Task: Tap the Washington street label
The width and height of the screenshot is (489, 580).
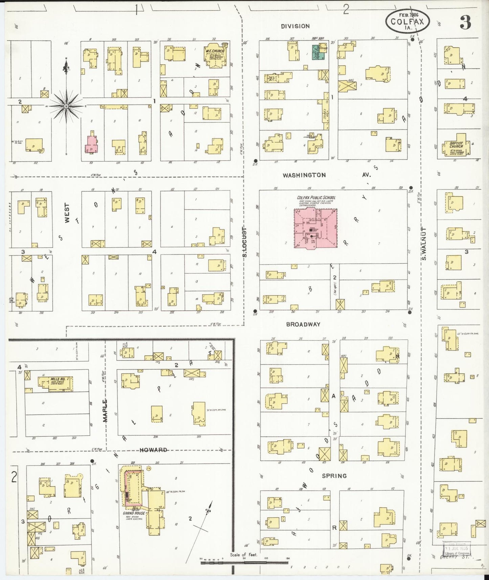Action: coord(304,175)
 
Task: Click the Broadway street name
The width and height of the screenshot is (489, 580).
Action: coord(303,324)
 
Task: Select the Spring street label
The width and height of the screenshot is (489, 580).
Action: coord(334,476)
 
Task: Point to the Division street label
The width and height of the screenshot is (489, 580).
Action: coord(295,26)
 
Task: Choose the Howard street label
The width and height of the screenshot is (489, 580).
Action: coord(153,450)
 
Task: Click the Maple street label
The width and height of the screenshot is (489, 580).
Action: coord(105,410)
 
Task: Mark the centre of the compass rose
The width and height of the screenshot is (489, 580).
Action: coord(66,106)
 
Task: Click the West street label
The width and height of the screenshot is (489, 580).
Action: coord(67,213)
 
